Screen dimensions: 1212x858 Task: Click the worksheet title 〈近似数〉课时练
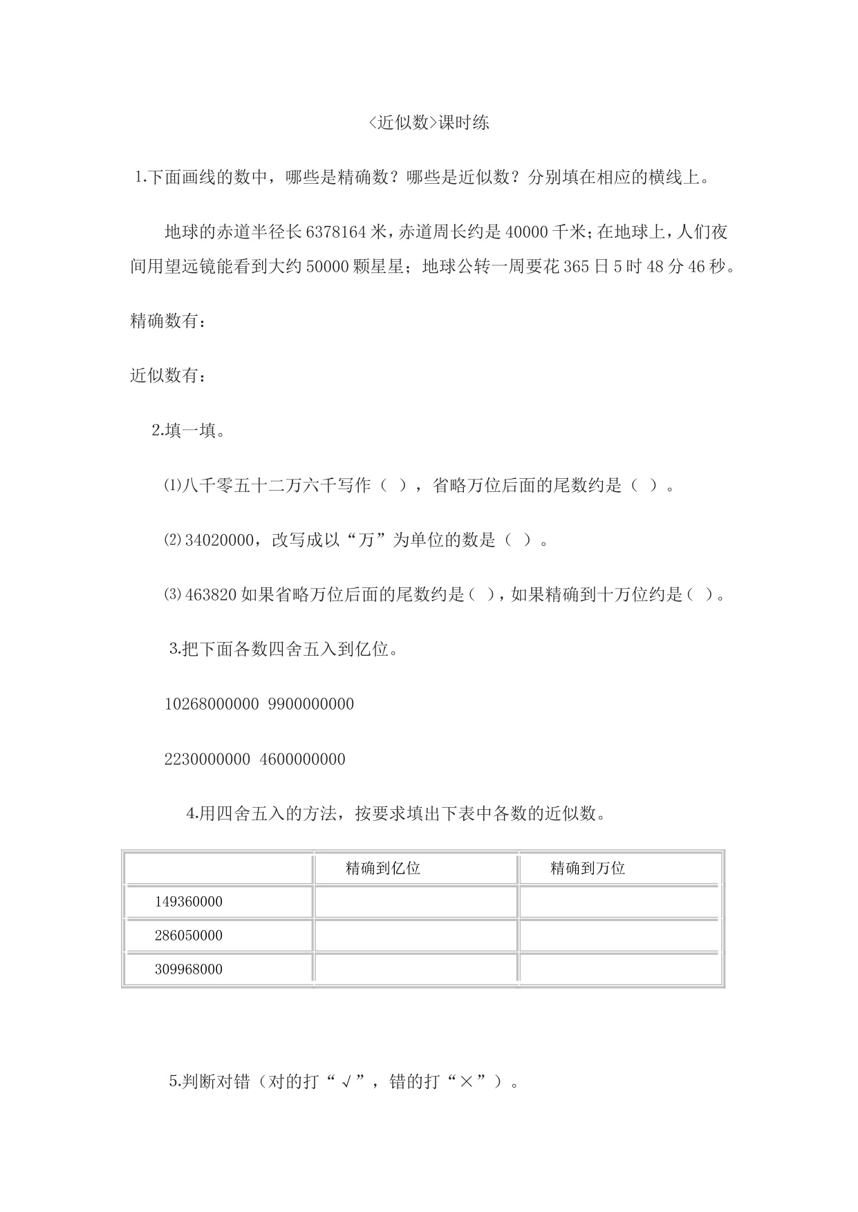(x=429, y=123)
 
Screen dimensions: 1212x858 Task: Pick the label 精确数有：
(x=167, y=321)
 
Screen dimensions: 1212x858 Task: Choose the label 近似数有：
(x=167, y=376)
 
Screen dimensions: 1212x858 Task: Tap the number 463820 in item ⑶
(x=212, y=595)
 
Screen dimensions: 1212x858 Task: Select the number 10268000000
(x=212, y=704)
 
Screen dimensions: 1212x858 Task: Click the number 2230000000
(x=207, y=759)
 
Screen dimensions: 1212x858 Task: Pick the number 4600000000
(x=303, y=759)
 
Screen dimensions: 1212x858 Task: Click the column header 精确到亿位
(x=383, y=869)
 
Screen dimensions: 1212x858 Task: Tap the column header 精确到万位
(x=588, y=869)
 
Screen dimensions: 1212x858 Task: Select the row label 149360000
(x=189, y=902)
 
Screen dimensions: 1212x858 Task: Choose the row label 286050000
(x=189, y=936)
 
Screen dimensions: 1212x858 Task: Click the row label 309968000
(x=189, y=969)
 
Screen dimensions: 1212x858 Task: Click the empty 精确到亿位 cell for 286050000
(x=416, y=936)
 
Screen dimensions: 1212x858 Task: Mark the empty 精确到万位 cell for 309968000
(x=620, y=969)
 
